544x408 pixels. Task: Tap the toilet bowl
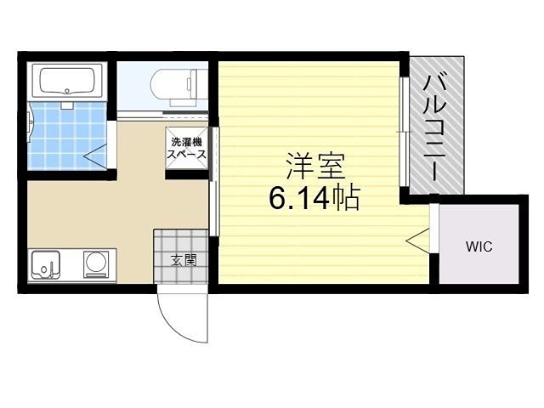click(x=170, y=86)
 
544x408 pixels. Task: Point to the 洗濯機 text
click(x=184, y=143)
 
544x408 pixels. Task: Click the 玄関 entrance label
click(x=180, y=260)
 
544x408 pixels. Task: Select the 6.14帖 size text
click(x=314, y=199)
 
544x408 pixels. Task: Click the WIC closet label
click(x=478, y=247)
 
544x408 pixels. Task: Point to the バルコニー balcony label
click(x=437, y=128)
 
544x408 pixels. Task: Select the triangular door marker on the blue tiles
click(x=95, y=154)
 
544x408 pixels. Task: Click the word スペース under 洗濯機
click(x=184, y=155)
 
